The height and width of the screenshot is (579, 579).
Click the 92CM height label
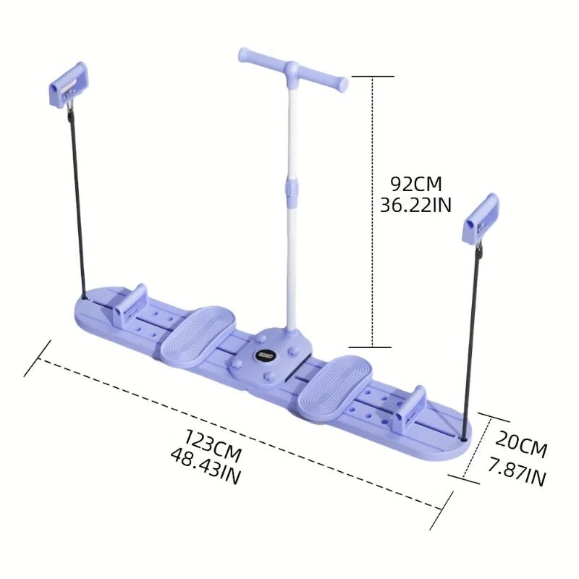(x=415, y=184)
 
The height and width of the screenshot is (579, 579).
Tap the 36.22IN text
(x=415, y=206)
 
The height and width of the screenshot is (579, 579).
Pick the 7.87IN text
(x=517, y=477)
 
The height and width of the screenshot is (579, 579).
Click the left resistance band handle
(x=68, y=84)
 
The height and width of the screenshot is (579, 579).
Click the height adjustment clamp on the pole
(x=291, y=190)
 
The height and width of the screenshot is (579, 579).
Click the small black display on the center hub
(x=265, y=355)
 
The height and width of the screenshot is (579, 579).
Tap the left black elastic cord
(x=77, y=203)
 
